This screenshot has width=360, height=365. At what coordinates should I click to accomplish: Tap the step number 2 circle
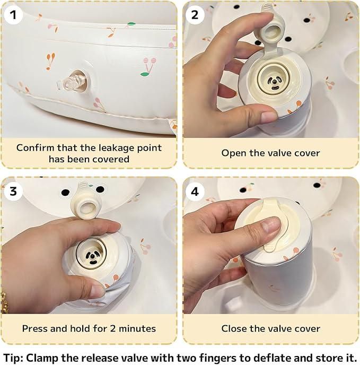(195, 14)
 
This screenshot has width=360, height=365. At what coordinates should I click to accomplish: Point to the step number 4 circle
(195, 191)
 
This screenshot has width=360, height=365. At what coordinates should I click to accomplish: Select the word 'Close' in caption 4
(234, 328)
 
